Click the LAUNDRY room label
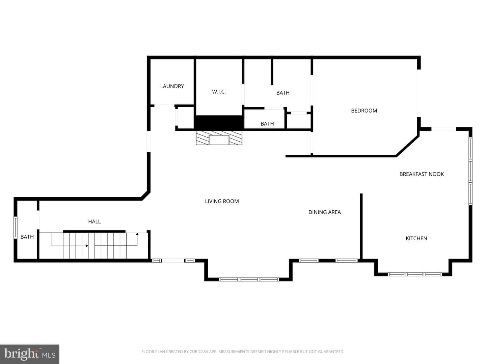pos(172,86)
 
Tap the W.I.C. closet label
pos(219,92)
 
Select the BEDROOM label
pos(364,111)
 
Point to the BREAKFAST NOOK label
pos(422,174)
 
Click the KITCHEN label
pos(416,239)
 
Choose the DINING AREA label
pos(325,212)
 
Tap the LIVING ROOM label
pos(222,201)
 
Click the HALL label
pos(94,221)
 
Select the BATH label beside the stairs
pos(27,237)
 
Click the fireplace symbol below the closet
pos(219,138)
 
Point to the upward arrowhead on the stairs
pos(137,234)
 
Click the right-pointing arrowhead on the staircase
pos(87,246)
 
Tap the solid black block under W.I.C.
pos(219,122)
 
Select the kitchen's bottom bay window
pos(415,274)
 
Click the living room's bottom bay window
pos(249,279)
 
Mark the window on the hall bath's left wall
pos(15,227)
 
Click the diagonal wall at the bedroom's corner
pos(408,146)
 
